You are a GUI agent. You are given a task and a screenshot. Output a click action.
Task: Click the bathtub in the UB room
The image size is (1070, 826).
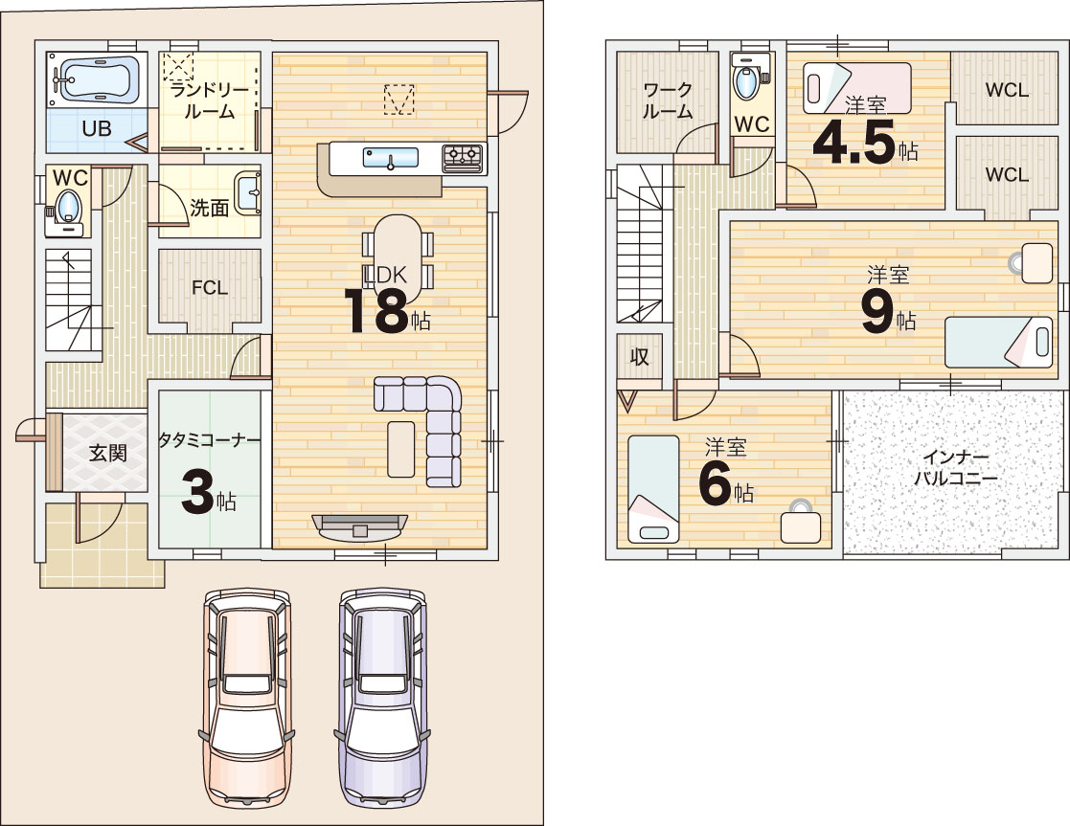click(x=96, y=79)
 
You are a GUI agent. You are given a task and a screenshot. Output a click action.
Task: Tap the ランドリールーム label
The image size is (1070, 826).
click(x=210, y=100)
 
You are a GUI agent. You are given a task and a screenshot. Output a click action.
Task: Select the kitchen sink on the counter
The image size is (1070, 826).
click(x=390, y=158)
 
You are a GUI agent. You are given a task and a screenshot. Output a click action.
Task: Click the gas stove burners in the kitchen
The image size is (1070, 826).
click(x=463, y=158)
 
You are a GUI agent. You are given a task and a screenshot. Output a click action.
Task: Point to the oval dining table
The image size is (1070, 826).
click(x=398, y=258)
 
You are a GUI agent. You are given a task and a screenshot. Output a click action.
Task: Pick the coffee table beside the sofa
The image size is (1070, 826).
click(x=400, y=449)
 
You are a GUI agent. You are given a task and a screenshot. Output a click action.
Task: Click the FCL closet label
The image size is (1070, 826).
click(x=210, y=288)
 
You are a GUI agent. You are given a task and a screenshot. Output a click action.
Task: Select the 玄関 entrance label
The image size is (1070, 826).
click(x=108, y=453)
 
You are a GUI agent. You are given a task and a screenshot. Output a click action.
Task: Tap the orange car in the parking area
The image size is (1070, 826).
click(x=247, y=697)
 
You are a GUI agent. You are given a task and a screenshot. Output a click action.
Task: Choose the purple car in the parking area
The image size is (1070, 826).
click(x=382, y=697)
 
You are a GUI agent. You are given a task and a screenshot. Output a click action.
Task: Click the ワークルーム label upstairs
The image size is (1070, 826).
click(x=668, y=100)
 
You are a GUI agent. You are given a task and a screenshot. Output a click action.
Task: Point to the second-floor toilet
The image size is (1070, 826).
click(x=748, y=78)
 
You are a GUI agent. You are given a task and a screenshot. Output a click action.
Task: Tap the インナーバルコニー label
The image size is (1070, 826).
click(x=955, y=467)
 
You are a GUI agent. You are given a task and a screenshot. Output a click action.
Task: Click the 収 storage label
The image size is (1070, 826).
click(x=639, y=356)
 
